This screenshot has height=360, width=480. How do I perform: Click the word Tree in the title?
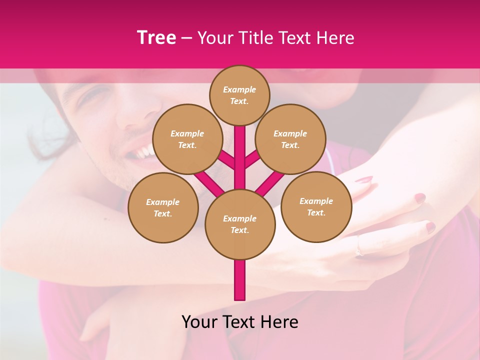[156, 38]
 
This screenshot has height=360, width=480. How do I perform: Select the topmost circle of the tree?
[239, 95]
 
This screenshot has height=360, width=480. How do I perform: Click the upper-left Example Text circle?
[187, 139]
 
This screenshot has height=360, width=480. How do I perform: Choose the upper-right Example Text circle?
[290, 139]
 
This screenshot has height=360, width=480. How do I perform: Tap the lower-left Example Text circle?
[163, 207]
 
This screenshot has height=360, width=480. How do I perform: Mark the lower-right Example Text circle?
[316, 206]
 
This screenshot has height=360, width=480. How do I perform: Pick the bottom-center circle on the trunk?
[240, 224]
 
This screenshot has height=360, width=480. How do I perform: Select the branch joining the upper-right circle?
[252, 160]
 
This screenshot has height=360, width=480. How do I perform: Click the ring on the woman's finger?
[359, 251]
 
